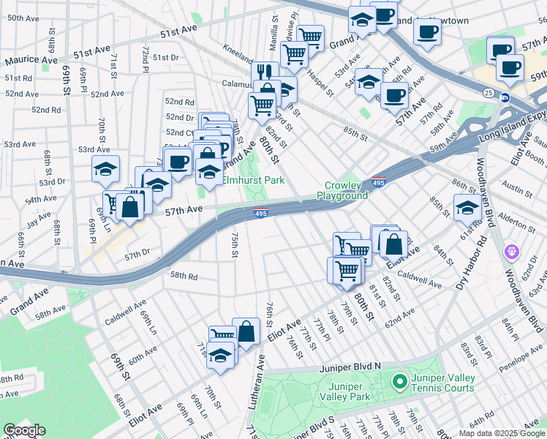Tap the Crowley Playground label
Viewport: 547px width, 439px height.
(x=342, y=190)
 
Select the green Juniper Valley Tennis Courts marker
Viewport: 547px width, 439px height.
(x=399, y=381)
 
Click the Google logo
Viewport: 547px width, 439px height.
(x=25, y=430)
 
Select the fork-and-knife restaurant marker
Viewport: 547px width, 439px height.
(x=265, y=72)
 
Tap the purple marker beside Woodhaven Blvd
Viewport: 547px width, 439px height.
(x=511, y=252)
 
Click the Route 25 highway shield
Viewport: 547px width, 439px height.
(x=488, y=92)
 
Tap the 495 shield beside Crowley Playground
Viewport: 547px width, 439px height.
(x=377, y=181)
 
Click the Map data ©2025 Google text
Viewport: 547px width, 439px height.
(x=501, y=433)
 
